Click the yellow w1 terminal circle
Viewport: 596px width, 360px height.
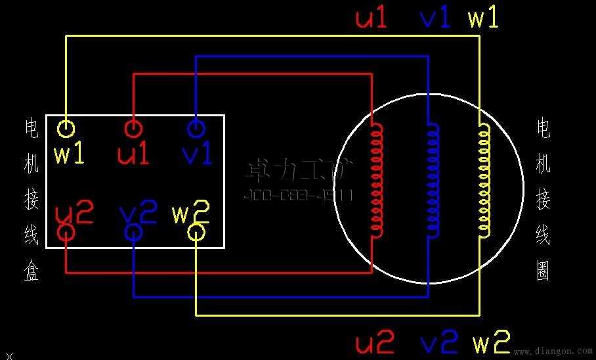(66, 128)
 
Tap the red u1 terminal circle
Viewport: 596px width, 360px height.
(133, 127)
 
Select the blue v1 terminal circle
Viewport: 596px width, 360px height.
(196, 127)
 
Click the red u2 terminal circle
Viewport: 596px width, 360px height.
(66, 232)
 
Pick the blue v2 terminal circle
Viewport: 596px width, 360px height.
(133, 232)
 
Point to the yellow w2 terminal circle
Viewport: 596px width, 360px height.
(196, 232)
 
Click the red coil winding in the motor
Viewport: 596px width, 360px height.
(377, 179)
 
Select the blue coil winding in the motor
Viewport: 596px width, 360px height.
(433, 179)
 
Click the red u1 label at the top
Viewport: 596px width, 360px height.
(372, 18)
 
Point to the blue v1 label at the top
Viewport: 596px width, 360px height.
(435, 18)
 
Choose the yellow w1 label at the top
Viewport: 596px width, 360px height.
(483, 18)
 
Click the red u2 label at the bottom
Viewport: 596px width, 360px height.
(375, 342)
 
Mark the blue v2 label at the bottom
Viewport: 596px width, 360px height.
(438, 342)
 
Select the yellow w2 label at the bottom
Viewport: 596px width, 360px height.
(491, 342)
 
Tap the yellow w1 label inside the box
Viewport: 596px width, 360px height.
(69, 154)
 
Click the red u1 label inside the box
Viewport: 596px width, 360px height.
(133, 154)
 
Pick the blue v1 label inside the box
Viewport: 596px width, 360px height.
(197, 154)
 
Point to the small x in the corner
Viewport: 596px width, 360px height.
(9, 355)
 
